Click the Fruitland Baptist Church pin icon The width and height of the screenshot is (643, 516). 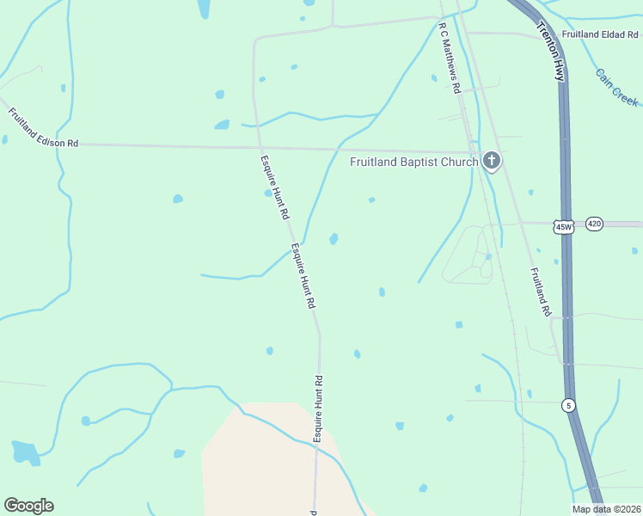[491, 160]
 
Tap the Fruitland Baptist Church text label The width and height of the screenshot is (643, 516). [413, 162]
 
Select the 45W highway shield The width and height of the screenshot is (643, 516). [564, 225]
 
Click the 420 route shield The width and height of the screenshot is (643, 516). [594, 224]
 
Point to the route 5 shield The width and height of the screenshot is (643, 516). [568, 404]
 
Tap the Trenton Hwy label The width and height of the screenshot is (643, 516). [550, 49]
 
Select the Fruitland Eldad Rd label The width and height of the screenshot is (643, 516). [601, 35]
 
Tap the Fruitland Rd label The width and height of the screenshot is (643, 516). [540, 292]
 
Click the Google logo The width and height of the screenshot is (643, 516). [28, 505]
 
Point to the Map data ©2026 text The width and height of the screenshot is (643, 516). [606, 509]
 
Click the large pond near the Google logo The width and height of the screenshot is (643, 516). [24, 451]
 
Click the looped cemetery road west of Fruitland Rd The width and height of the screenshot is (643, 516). [468, 254]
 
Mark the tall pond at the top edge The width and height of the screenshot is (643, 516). [204, 8]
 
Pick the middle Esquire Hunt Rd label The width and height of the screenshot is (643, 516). [303, 276]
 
